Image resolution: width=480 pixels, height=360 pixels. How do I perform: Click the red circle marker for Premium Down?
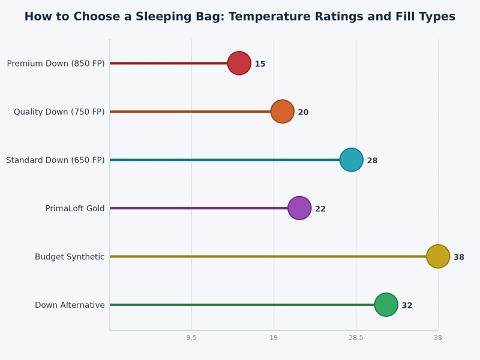[239, 63]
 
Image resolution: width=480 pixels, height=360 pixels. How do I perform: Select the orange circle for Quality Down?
[282, 112]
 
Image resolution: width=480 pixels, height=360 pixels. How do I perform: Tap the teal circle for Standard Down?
[351, 160]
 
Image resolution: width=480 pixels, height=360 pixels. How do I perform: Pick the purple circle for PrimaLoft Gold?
[299, 208]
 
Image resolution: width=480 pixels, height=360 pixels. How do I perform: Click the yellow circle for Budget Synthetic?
[437, 256]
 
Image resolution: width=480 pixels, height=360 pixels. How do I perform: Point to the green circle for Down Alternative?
[386, 305]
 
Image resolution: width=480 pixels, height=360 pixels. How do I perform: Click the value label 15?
[260, 64]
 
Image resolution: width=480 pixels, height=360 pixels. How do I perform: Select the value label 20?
[303, 112]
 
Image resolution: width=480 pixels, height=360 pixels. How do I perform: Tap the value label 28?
[372, 161]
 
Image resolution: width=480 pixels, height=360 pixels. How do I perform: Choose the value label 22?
[320, 209]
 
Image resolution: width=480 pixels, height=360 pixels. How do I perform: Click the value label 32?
[407, 305]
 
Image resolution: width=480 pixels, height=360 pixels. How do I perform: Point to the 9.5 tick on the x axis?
[191, 338]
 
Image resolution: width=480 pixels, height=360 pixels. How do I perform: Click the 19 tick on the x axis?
[274, 338]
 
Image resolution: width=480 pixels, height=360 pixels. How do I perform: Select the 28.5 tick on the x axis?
[356, 338]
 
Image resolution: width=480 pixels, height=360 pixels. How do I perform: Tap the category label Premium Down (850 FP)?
[56, 64]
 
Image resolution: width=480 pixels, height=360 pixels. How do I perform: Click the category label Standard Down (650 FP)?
[55, 160]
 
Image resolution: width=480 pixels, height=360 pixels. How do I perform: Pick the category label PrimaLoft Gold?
[75, 209]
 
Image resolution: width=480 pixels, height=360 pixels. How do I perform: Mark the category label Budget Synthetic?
[70, 257]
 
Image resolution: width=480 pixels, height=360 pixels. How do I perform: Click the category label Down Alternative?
[70, 305]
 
